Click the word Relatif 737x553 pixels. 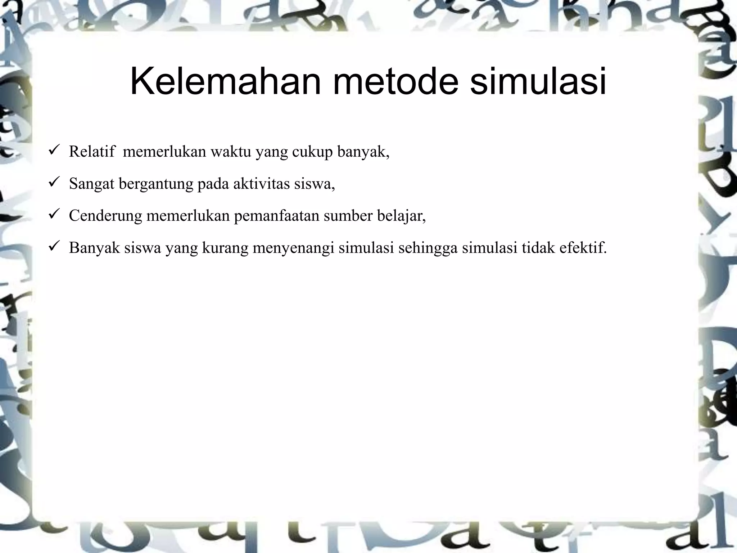click(x=92, y=152)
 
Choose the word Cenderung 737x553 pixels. click(x=105, y=216)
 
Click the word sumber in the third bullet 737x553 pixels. click(x=348, y=216)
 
